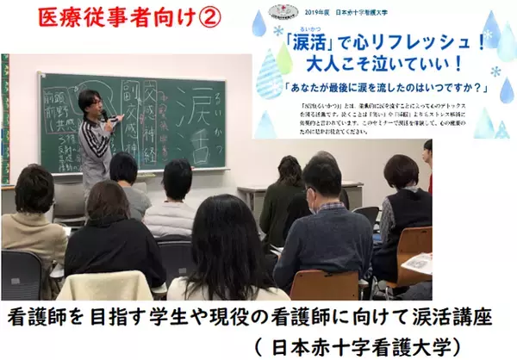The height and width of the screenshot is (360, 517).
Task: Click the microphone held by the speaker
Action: click(104, 115)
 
